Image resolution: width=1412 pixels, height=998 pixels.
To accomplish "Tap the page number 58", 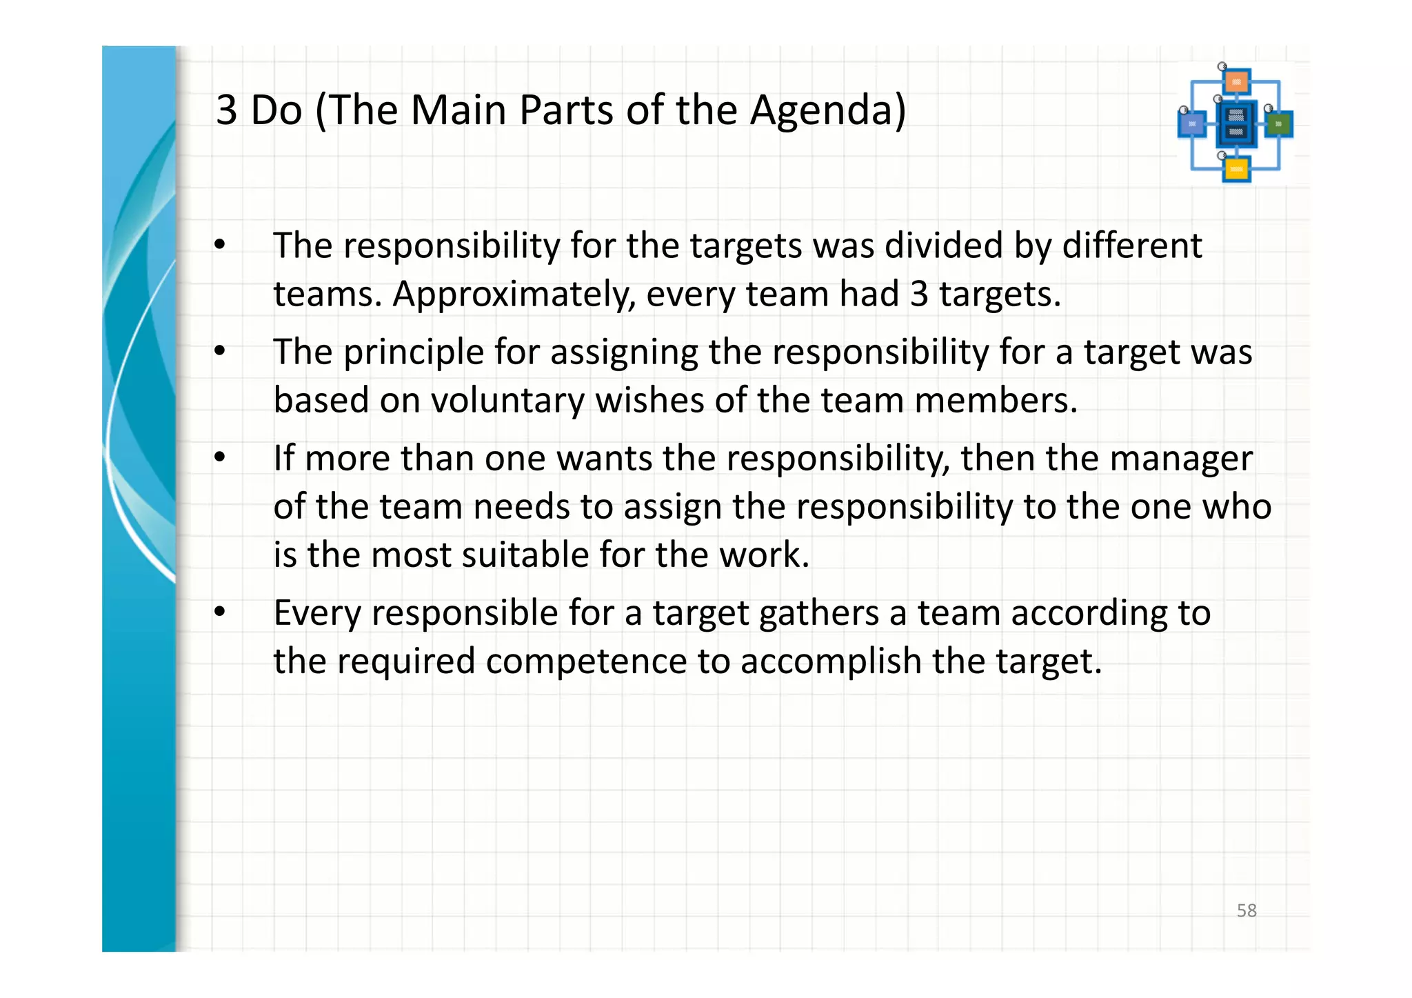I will (x=1247, y=910).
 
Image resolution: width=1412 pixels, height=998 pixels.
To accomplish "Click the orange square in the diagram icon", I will (x=1236, y=82).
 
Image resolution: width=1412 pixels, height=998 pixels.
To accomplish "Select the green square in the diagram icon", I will (x=1279, y=124).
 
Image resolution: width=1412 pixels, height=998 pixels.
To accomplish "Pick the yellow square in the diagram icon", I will (x=1236, y=169).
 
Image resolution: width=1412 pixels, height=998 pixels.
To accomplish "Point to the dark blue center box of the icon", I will (x=1236, y=124).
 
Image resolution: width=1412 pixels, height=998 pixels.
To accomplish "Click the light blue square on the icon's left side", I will (x=1192, y=124).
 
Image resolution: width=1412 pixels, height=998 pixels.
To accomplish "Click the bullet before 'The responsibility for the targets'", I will (x=220, y=245).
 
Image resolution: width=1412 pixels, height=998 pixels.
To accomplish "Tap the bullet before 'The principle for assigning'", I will (x=220, y=351).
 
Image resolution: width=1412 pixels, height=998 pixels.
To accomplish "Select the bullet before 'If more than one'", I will (x=220, y=457).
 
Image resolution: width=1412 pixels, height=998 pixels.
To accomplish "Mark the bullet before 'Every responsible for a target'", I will (x=220, y=612).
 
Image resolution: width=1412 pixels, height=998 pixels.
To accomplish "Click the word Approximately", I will (x=514, y=295).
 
